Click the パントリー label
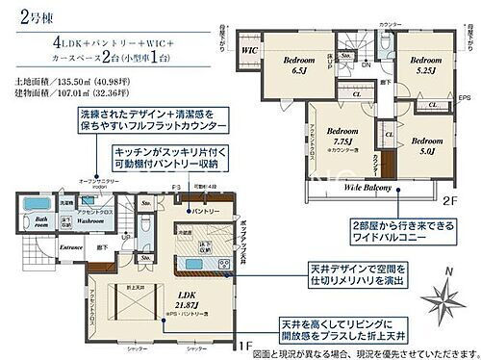tap(200, 210)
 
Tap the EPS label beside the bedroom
tap(466, 96)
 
